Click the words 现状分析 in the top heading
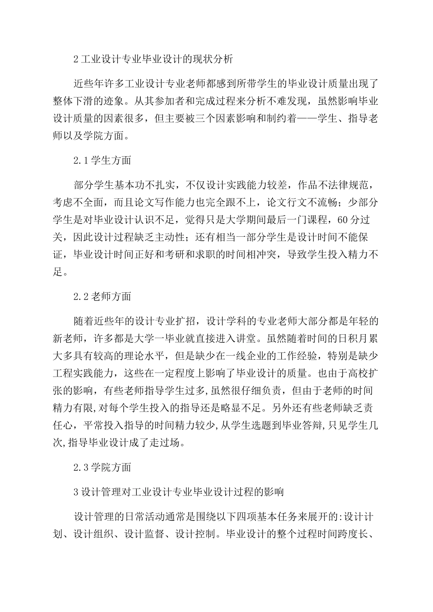point(210,59)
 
